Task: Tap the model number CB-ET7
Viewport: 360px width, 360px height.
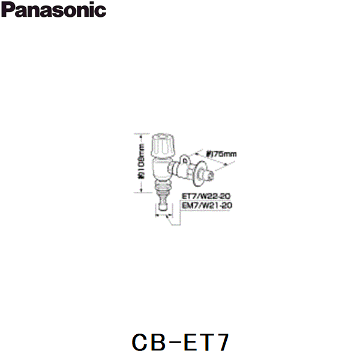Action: [x=179, y=342]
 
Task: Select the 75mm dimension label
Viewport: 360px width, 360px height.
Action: [x=225, y=154]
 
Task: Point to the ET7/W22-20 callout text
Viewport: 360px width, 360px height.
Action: [x=205, y=196]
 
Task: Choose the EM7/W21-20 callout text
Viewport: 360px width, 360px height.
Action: [x=206, y=205]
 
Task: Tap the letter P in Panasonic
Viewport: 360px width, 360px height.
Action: [x=8, y=10]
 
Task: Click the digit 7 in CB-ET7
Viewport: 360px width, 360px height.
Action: [x=221, y=342]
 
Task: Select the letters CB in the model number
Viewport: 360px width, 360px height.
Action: [x=151, y=342]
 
